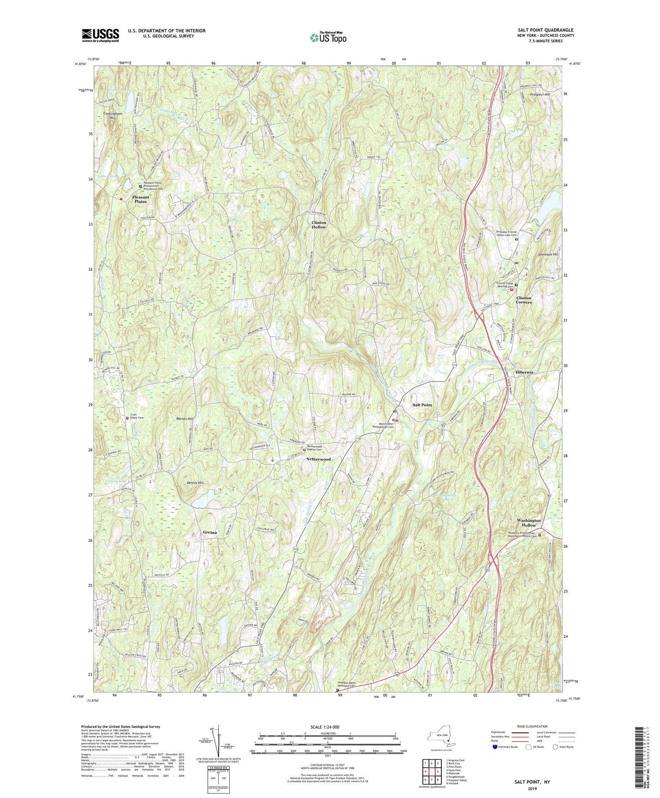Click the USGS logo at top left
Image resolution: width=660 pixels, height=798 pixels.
pos(100,35)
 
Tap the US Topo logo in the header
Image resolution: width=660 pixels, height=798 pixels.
pos(328,38)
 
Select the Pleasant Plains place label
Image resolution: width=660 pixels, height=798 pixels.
pos(141,199)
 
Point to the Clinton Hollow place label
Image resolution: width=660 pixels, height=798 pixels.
pos(319,225)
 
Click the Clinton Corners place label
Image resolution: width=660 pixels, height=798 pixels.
pos(524,300)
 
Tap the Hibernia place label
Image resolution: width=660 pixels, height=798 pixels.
pos(524,372)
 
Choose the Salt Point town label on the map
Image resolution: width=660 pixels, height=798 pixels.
pos(422,405)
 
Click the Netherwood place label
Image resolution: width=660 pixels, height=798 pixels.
pos(319,459)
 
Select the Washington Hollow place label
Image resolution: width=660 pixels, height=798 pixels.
pos(529,522)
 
